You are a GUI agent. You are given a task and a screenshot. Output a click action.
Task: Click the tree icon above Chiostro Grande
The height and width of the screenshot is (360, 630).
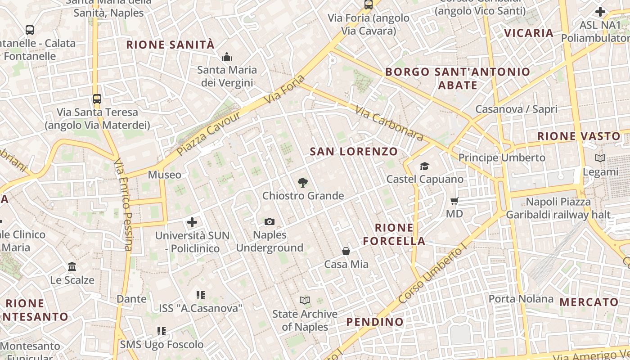point(303,183)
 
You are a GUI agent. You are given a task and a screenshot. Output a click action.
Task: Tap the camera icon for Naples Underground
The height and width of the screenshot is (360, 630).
point(270,221)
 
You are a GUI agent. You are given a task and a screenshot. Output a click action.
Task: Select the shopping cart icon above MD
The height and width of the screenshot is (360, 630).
point(454,201)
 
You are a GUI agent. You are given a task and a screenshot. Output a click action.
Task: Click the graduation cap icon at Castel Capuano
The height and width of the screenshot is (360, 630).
point(424,166)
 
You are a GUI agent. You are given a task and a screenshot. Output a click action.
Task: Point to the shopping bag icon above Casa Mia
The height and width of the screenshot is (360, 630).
point(346,251)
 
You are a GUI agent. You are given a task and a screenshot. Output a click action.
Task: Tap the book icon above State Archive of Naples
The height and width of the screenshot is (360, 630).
point(305,300)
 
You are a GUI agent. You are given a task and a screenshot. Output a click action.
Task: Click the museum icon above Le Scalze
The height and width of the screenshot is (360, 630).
point(72,267)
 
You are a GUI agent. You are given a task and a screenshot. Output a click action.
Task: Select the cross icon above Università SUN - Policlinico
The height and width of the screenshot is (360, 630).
point(192,222)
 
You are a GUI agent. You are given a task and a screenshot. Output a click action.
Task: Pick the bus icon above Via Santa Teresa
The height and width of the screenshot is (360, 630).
point(97,99)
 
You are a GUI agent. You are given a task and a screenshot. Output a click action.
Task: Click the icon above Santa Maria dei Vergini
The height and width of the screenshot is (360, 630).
point(227,57)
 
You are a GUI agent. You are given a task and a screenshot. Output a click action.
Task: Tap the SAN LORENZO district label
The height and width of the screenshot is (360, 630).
point(354,152)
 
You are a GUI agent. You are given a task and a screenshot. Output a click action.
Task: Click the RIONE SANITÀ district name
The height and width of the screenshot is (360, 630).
point(171,45)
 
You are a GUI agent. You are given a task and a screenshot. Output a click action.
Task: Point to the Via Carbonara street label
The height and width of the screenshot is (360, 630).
point(389,123)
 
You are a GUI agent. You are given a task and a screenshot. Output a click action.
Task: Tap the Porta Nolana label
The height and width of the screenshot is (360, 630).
point(521,299)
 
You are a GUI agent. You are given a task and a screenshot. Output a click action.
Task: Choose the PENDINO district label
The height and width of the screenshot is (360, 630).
point(375,322)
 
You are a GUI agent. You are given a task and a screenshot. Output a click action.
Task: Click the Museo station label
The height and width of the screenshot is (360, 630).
point(165,175)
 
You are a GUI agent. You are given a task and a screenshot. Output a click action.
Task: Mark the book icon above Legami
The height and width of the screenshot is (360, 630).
point(600,158)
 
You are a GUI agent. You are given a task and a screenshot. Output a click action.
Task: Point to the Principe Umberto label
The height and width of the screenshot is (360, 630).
point(502,157)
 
